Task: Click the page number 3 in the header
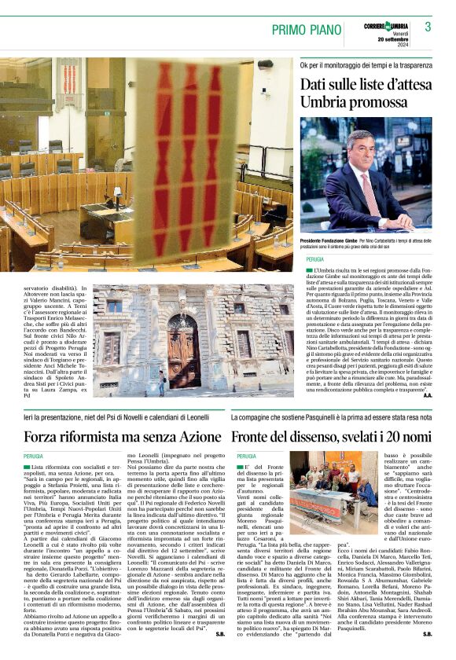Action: tap(428, 27)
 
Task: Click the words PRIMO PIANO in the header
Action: tap(307, 30)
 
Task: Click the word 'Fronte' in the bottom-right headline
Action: tap(256, 436)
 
